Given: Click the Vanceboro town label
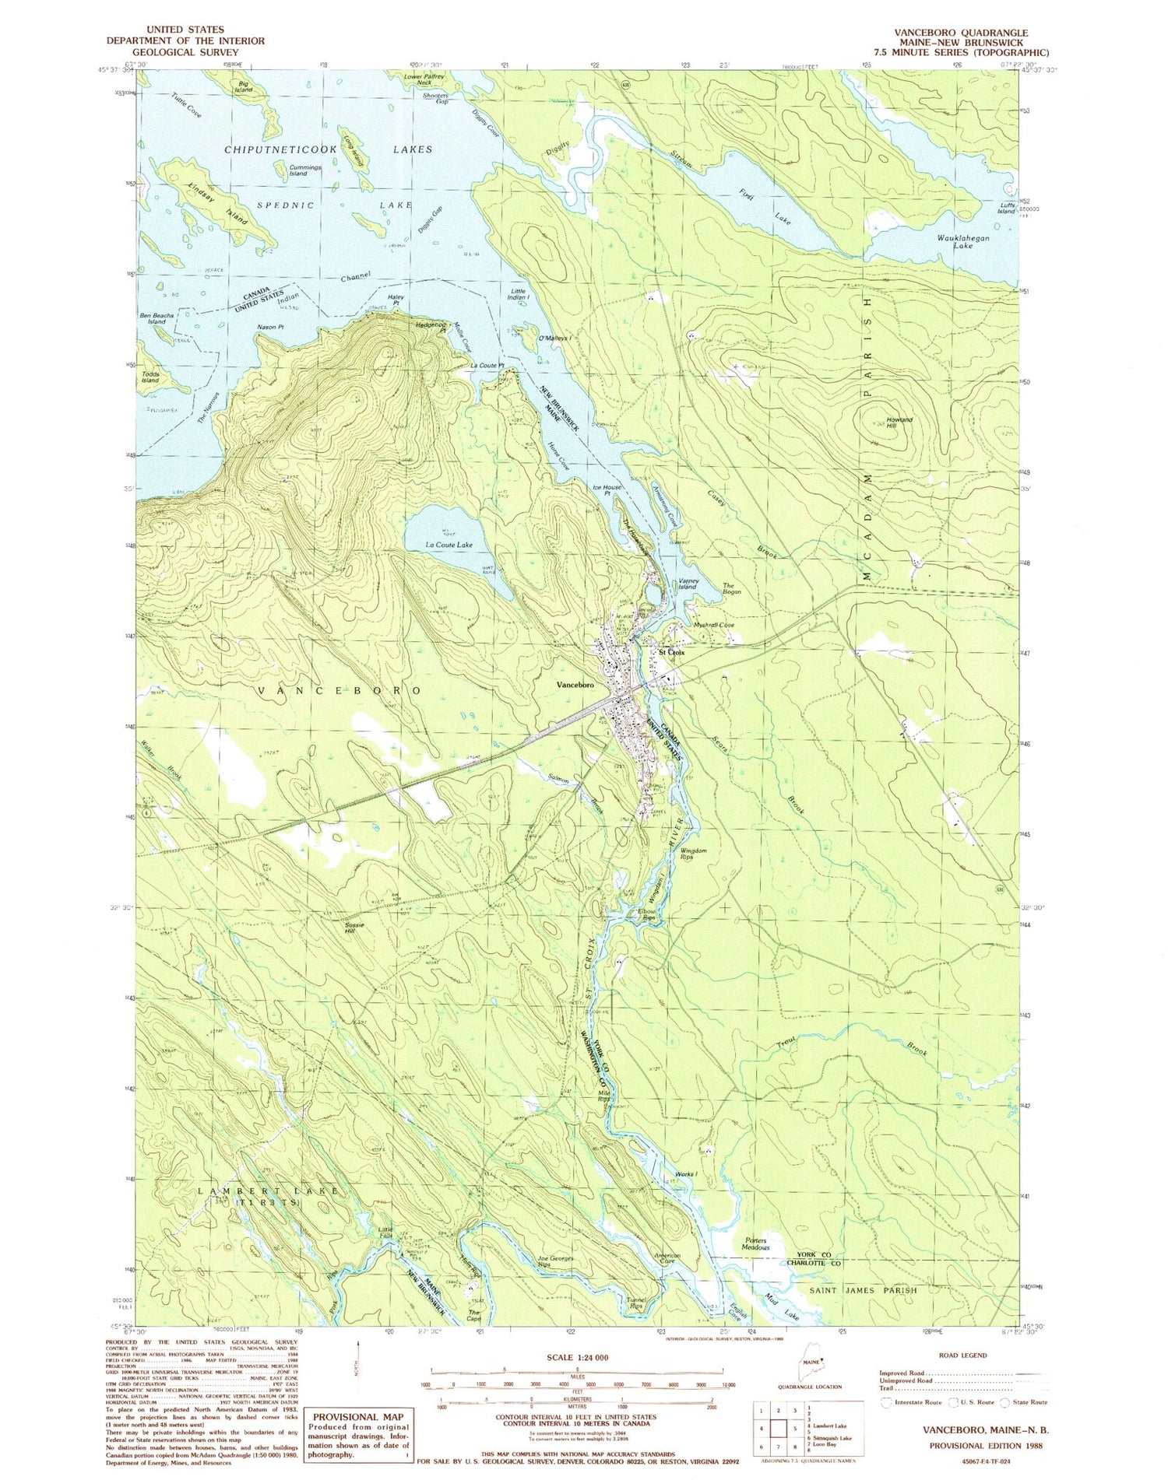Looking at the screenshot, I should coord(575,685).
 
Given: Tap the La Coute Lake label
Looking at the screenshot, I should coord(449,545).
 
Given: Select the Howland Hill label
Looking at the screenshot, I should coord(899,423).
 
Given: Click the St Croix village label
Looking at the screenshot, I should coord(671,652).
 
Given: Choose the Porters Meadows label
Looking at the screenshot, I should coord(755,1245).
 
